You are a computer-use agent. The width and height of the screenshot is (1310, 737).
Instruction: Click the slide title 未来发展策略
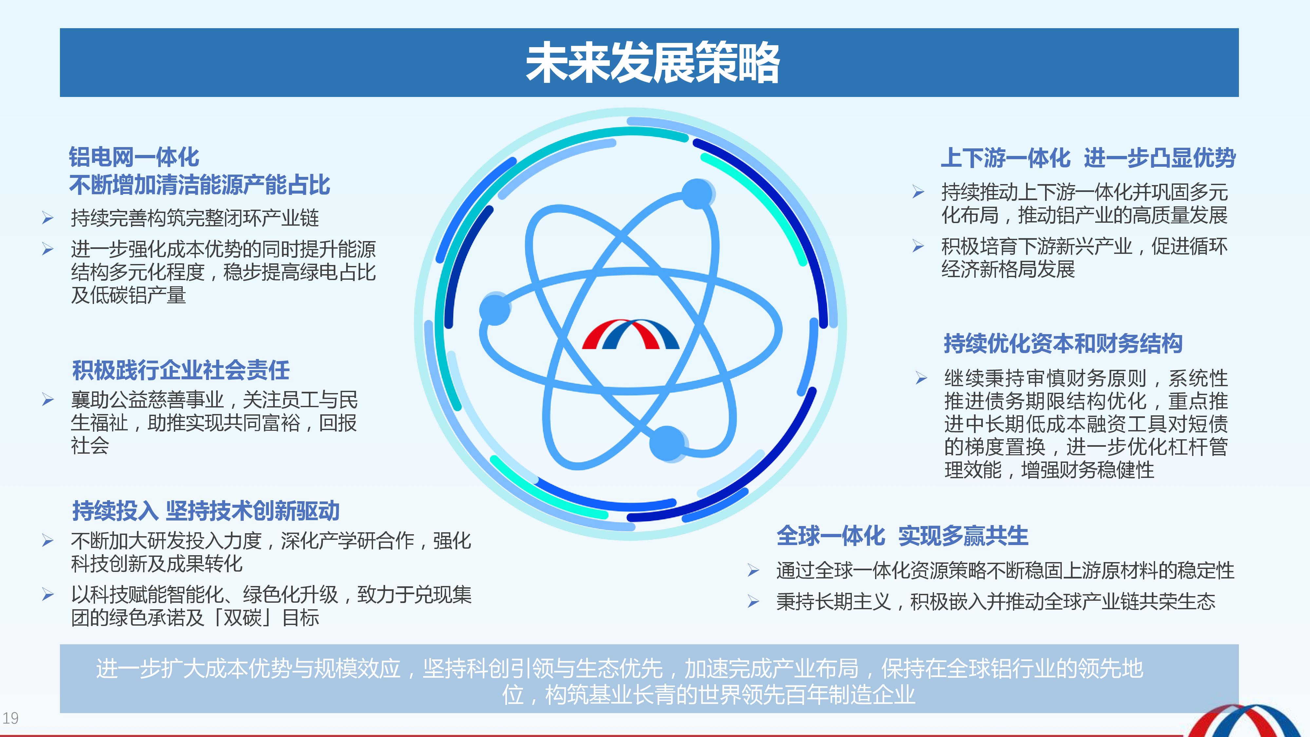click(652, 63)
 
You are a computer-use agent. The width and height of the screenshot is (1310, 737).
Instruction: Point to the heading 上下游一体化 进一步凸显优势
click(1088, 157)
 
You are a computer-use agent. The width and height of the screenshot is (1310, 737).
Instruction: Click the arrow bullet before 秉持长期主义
click(753, 602)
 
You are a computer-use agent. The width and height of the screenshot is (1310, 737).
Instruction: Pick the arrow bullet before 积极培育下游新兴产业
click(918, 247)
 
